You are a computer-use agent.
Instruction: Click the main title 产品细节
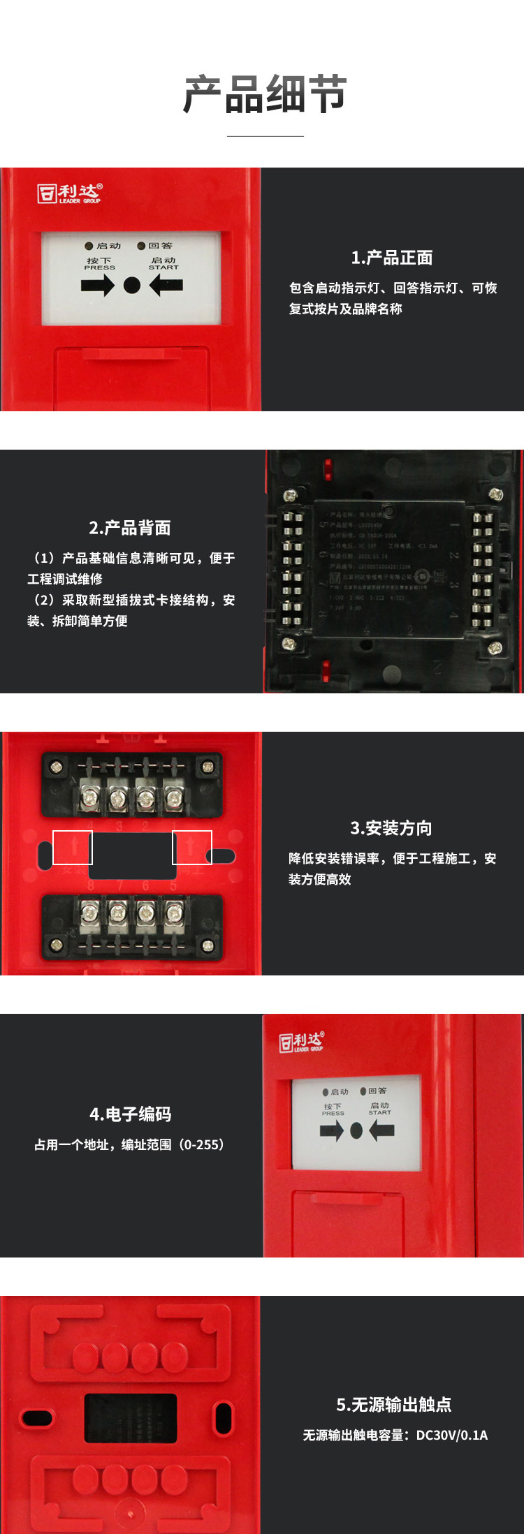265,94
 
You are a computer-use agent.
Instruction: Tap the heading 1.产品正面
391,258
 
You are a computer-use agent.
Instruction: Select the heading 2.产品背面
130,528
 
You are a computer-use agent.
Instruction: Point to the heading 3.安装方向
391,828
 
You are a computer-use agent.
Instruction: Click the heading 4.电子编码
131,1114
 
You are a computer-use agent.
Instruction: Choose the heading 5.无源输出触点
394,1404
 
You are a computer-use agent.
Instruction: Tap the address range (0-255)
202,1145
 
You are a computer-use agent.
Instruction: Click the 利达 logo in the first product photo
70,193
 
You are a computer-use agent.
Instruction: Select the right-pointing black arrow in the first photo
97,285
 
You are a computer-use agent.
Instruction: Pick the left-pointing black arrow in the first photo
166,285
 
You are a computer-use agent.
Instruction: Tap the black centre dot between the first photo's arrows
132,285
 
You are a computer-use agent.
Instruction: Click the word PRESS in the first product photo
99,267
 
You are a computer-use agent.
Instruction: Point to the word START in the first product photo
163,267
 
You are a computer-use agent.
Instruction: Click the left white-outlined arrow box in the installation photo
73,848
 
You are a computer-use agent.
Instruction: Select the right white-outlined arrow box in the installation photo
192,848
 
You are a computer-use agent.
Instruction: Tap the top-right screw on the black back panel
495,494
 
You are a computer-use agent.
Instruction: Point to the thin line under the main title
265,136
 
